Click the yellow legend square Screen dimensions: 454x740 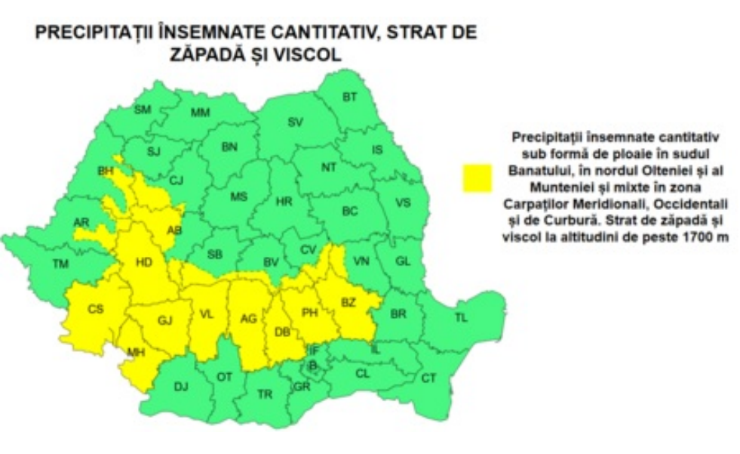(x=477, y=178)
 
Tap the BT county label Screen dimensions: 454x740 (x=349, y=97)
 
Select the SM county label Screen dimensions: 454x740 (x=143, y=110)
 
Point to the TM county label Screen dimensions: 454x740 (x=60, y=264)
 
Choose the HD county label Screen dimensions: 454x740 (x=143, y=263)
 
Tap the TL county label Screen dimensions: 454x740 (x=460, y=318)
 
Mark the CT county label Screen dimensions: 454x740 (x=428, y=377)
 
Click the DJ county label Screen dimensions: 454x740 (x=181, y=387)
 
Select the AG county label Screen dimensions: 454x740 (x=248, y=319)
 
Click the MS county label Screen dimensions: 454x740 (x=238, y=196)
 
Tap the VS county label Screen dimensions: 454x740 (x=404, y=202)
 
